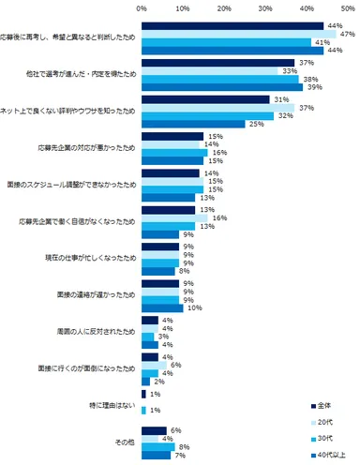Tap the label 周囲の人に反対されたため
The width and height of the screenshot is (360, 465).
pyautogui.click(x=92, y=330)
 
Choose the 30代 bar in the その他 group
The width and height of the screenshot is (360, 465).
pyautogui.click(x=157, y=445)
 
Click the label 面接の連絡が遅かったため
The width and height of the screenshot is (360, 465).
pyautogui.click(x=92, y=293)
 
